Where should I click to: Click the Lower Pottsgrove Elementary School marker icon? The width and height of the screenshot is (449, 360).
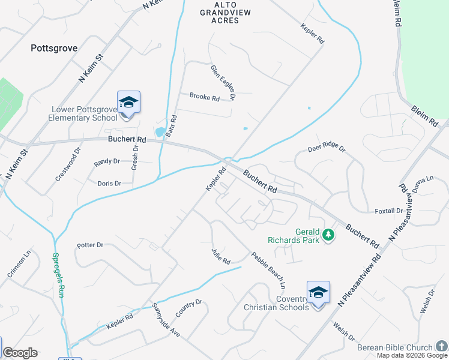tap(128, 103)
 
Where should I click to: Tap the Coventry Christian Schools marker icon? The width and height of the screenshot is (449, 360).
tap(318, 293)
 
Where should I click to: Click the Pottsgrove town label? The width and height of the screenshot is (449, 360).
tap(54, 48)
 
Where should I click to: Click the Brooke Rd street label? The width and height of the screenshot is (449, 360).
tap(204, 97)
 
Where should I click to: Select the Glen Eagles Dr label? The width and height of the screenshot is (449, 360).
tap(223, 82)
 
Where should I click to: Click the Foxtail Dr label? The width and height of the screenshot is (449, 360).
tap(388, 211)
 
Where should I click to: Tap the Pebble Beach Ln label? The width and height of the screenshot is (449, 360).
tap(268, 269)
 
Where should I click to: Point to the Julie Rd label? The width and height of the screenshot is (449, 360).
tap(221, 256)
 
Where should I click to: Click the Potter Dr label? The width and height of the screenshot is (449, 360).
tap(90, 245)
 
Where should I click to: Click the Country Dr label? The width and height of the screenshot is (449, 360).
tap(188, 308)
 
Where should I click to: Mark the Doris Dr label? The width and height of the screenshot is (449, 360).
tap(109, 184)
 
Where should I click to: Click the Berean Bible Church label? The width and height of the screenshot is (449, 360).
tap(394, 348)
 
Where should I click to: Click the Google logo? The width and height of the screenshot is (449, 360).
tap(20, 353)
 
